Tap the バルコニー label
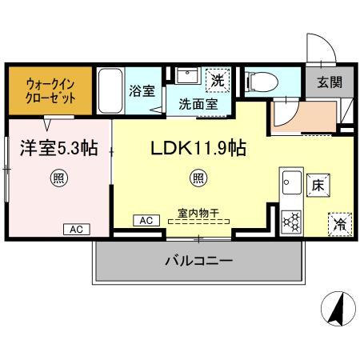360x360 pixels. click(x=198, y=262)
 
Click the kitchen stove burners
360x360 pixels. click(x=291, y=218)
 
